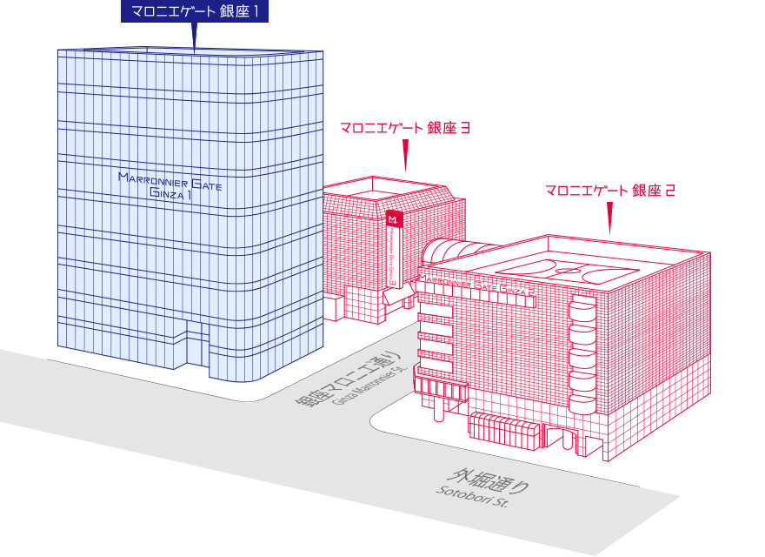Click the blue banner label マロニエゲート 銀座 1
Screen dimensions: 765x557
[x=193, y=11]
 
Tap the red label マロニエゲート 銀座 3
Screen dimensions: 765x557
[x=405, y=127]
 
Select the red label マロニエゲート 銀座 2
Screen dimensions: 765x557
[x=609, y=190]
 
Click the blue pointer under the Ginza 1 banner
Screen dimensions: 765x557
[x=193, y=35]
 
